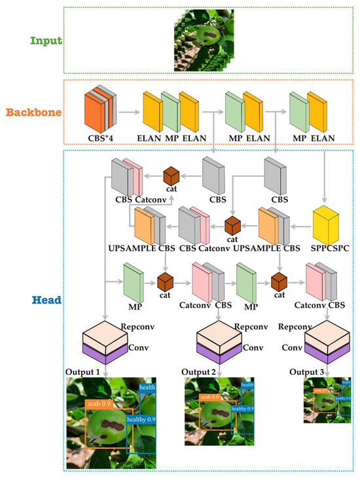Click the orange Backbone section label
[x=36, y=112]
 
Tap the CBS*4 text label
[x=103, y=137]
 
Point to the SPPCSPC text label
[x=327, y=249]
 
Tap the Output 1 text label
[x=82, y=372]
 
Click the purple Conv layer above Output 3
[x=327, y=355]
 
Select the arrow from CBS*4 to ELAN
[x=132, y=113]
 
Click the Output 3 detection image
[x=327, y=400]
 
